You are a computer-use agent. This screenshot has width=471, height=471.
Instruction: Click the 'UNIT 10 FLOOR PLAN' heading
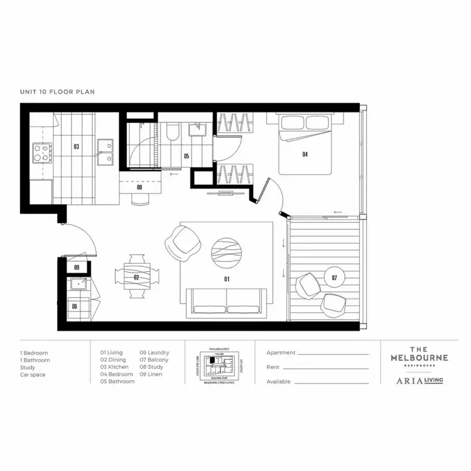[x=57, y=92]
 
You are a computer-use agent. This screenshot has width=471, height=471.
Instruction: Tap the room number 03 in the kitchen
[x=76, y=147]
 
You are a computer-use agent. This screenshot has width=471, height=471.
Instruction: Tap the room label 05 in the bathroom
[x=187, y=156]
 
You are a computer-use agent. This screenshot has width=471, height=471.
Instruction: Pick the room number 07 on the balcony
[x=334, y=277]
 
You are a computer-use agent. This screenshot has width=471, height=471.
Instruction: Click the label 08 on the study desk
[x=139, y=187]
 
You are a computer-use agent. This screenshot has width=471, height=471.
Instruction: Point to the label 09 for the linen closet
[x=77, y=268]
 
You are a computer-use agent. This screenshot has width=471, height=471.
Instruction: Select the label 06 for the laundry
[x=74, y=306]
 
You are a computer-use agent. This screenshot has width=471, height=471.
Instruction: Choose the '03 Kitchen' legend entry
[x=114, y=367]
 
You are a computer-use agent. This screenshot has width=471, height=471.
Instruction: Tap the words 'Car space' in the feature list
[x=33, y=375]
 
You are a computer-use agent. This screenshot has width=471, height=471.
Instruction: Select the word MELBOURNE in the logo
[x=420, y=357]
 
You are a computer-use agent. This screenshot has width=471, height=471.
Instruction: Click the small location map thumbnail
[x=220, y=362]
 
